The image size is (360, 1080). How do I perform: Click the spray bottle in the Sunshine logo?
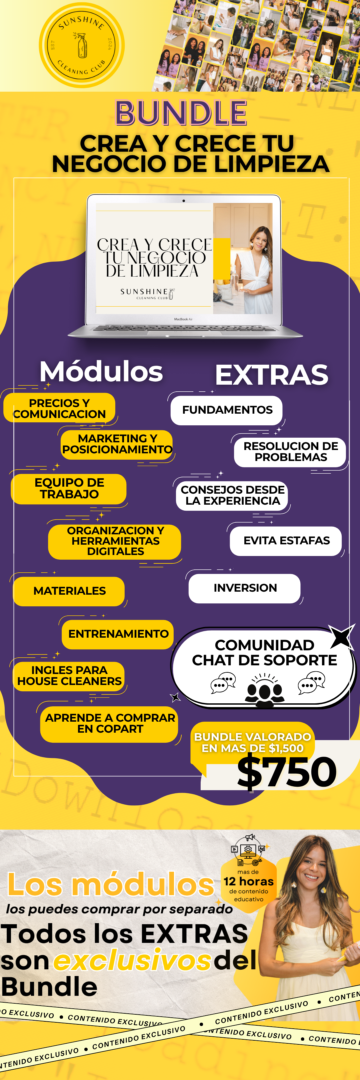(82, 45)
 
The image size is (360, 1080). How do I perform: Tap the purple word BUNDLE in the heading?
(181, 113)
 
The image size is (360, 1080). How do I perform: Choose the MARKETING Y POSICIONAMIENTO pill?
(117, 444)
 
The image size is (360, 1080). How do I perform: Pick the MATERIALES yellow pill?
(69, 591)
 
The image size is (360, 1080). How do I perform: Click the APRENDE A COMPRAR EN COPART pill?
(109, 723)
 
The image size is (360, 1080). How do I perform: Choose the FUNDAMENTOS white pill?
(227, 410)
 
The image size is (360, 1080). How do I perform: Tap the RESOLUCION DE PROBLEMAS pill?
(290, 452)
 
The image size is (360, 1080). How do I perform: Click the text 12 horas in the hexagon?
(249, 881)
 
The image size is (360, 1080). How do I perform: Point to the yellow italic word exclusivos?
(132, 961)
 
